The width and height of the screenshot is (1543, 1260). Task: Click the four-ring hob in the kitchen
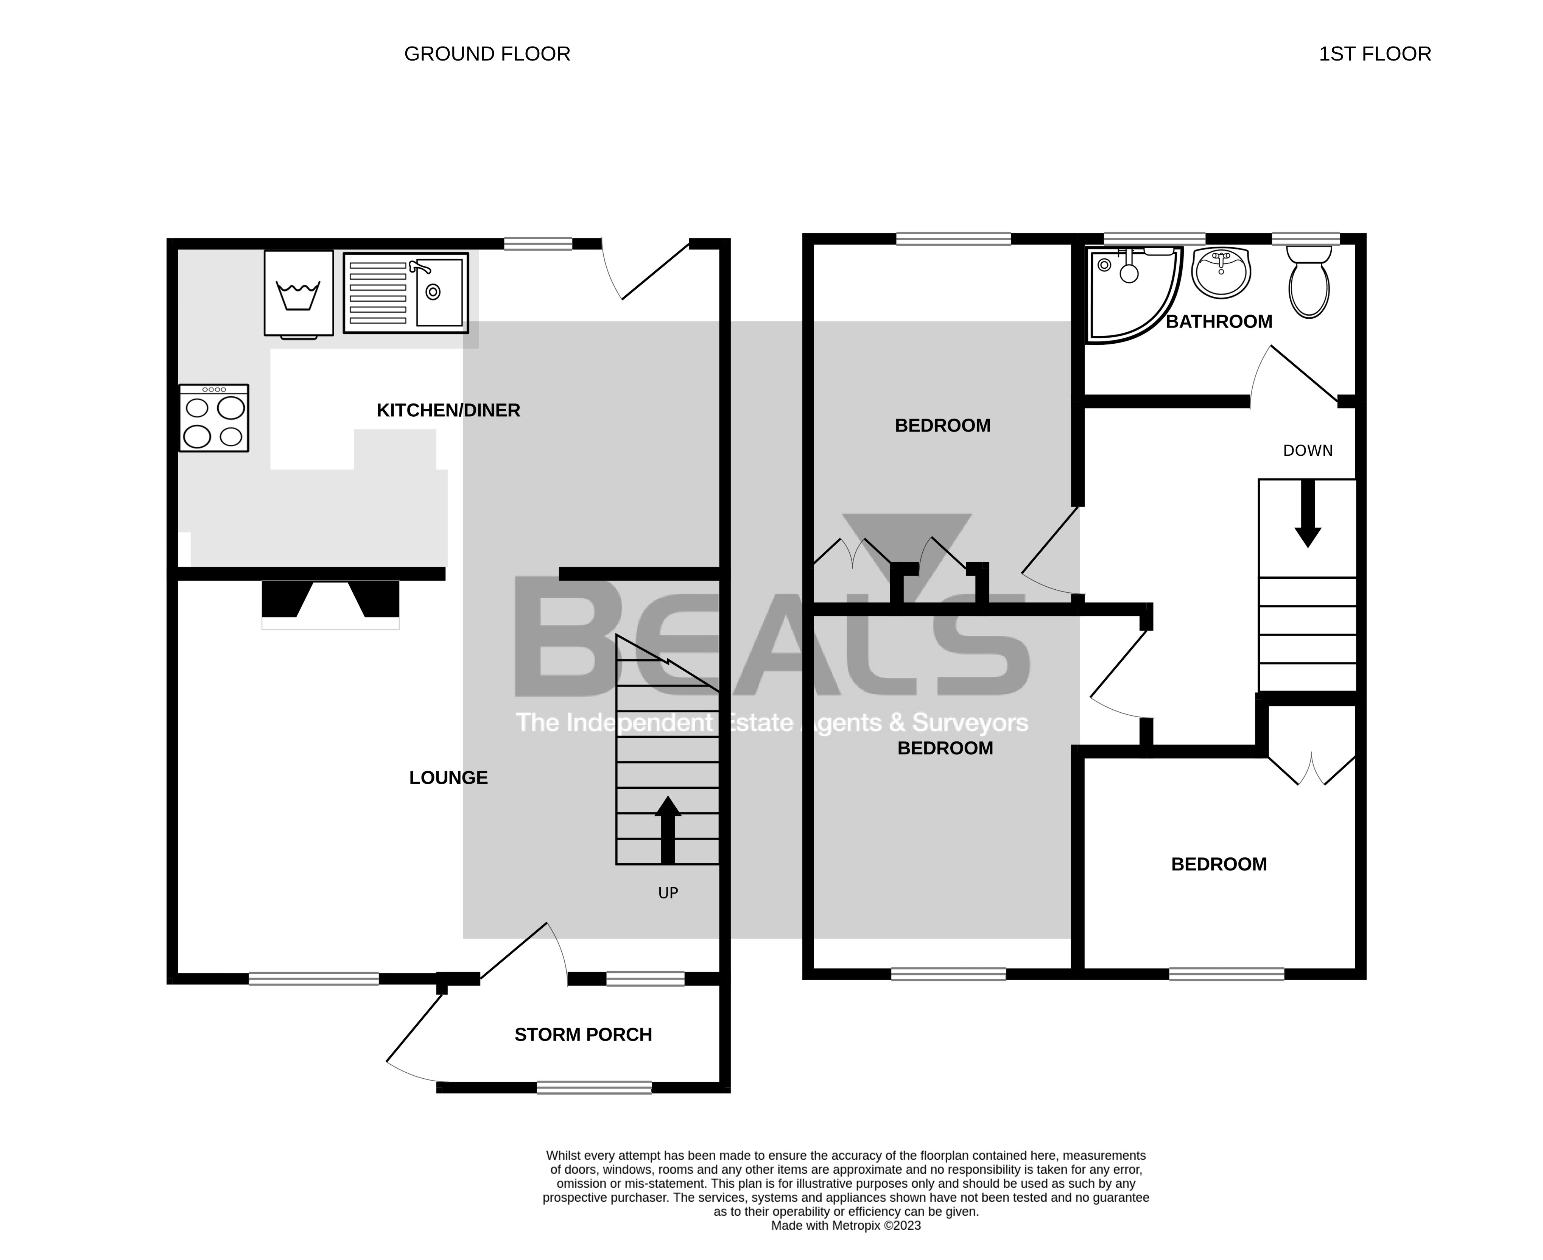click(x=214, y=419)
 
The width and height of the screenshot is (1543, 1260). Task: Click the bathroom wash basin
click(x=1221, y=273)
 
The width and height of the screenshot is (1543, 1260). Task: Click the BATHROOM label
click(x=1219, y=322)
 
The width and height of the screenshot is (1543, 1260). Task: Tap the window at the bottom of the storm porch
click(x=594, y=1087)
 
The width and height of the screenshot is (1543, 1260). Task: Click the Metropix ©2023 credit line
click(x=845, y=1226)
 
